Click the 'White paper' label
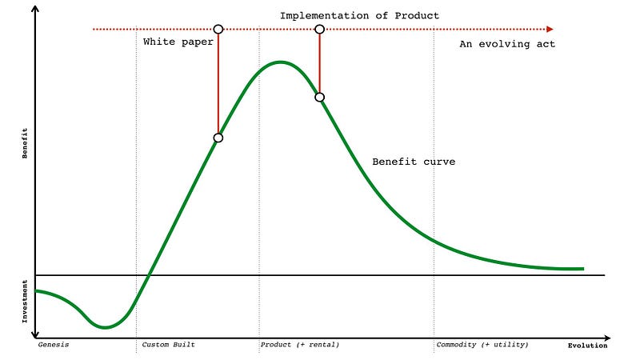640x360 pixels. [178, 42]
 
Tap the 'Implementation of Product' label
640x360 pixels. [359, 15]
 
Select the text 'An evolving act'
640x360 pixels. [506, 44]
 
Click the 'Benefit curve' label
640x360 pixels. [414, 162]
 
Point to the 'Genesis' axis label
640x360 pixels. [54, 345]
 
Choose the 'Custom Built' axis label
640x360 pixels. [168, 345]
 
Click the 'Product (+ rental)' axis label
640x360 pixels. [300, 345]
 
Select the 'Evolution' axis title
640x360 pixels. [587, 346]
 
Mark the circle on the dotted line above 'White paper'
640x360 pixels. [218, 29]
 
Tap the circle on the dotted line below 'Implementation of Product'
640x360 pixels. [319, 29]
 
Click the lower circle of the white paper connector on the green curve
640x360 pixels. [218, 138]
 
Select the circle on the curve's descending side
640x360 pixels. [319, 97]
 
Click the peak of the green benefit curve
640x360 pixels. [279, 62]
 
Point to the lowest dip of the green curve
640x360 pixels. [104, 326]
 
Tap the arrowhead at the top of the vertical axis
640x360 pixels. [35, 10]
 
